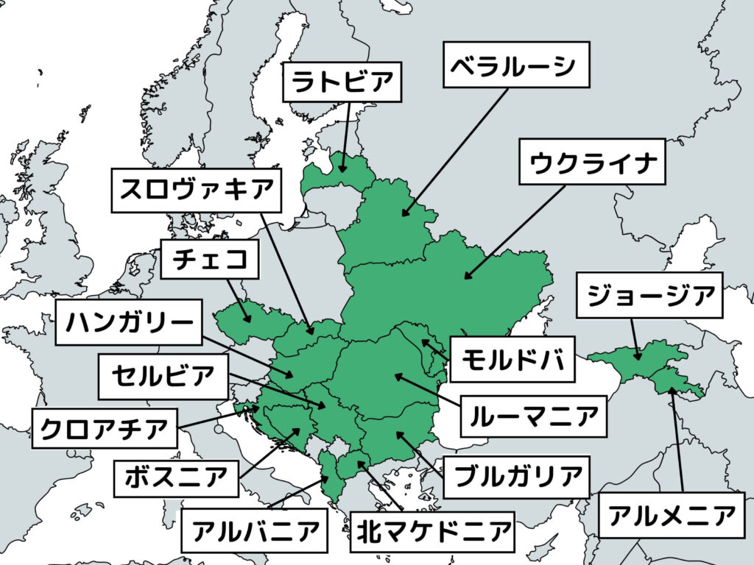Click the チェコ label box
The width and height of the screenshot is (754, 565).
pyautogui.click(x=210, y=259)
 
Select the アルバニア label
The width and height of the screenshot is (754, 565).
pyautogui.click(x=255, y=529)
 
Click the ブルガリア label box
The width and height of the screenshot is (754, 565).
pyautogui.click(x=516, y=475)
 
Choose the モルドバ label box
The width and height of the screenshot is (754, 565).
pyautogui.click(x=512, y=360)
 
